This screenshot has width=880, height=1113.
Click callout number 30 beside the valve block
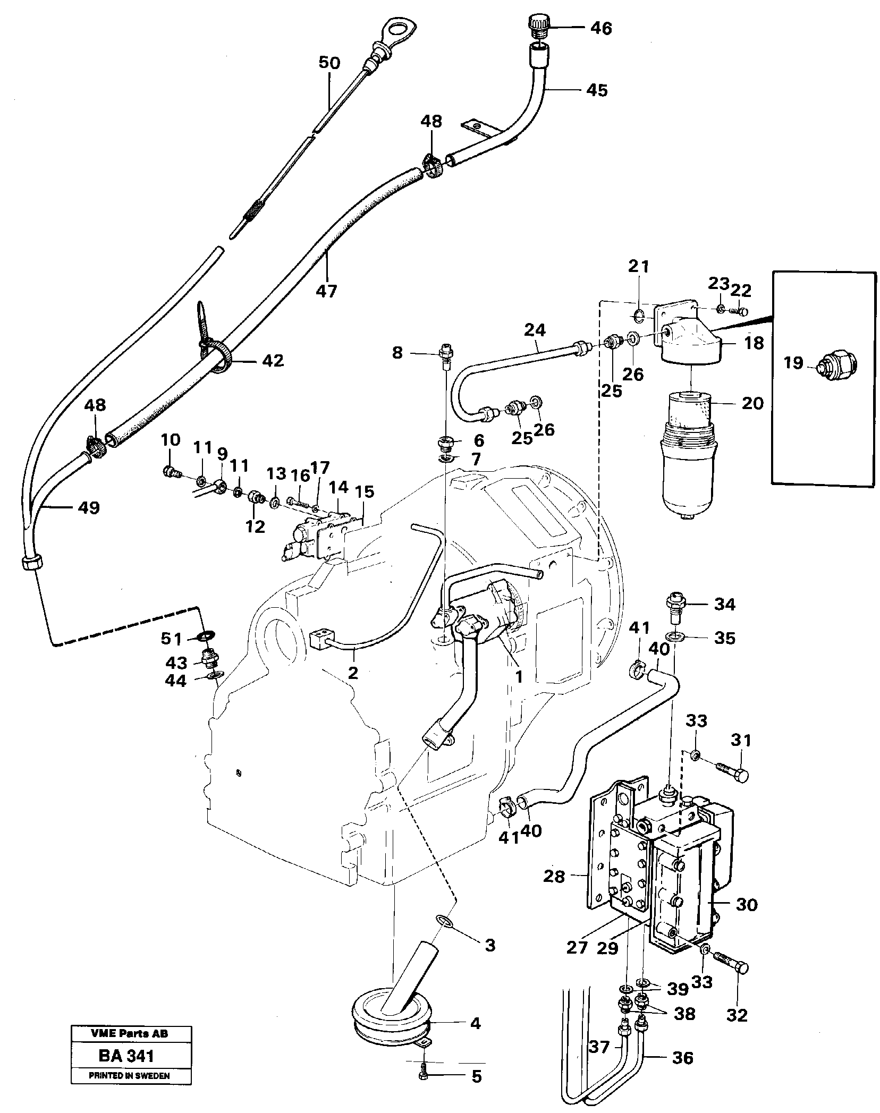pyautogui.click(x=747, y=904)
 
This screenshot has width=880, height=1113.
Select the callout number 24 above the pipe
pyautogui.click(x=534, y=330)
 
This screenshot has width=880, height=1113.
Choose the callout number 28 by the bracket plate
pyautogui.click(x=554, y=876)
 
